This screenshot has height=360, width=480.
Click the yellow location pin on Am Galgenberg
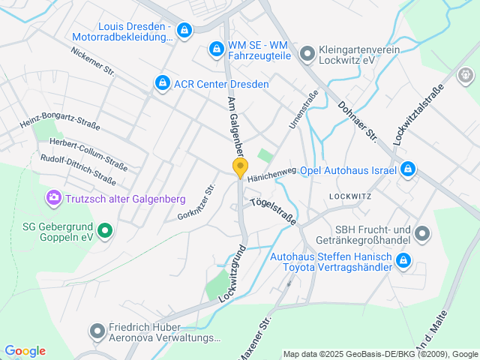pos(240,168)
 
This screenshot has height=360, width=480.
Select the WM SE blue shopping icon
pos(216,49)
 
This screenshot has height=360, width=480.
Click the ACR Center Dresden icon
pos(161,83)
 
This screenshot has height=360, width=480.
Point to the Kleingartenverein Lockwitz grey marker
pos(307,54)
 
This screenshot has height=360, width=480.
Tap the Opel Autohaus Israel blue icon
pos(407,169)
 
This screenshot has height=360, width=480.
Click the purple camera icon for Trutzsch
pos(53,198)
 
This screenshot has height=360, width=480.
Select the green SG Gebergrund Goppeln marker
pos(106,230)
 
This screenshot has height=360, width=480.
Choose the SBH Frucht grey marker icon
pos(422,234)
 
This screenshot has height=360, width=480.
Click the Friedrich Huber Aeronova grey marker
pos(97,331)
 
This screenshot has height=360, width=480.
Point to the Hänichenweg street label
pos(271,175)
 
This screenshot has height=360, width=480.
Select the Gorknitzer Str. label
pos(197,203)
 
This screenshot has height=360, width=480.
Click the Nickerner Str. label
pos(92,63)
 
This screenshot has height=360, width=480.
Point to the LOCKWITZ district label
pos(350,196)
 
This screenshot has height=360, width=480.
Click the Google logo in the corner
pos(25,351)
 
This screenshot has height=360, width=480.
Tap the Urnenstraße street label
pos(304,109)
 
